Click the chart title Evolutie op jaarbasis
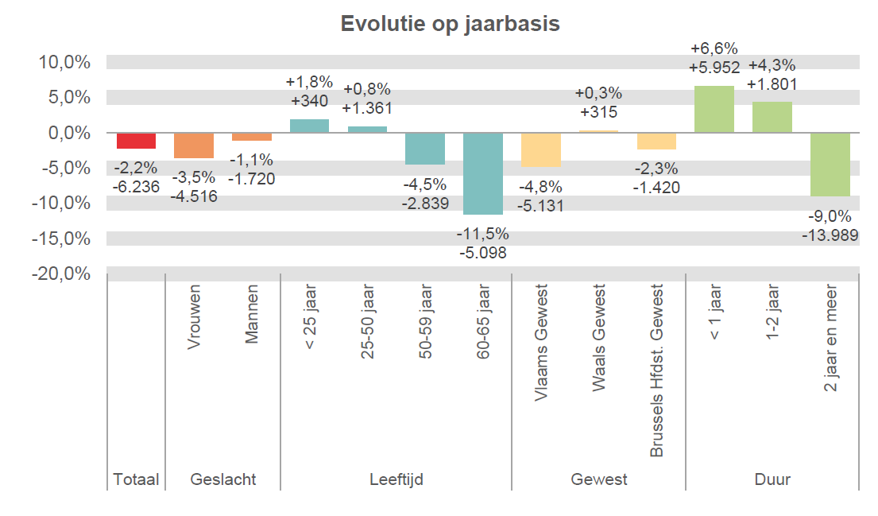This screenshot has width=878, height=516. [x=450, y=24]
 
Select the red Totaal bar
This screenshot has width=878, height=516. [x=136, y=141]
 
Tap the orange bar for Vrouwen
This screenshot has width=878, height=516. [x=194, y=145]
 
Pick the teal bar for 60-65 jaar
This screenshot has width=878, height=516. [x=483, y=173]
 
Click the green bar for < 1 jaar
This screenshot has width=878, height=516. [x=714, y=109]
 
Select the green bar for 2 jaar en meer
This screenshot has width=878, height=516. [x=830, y=165]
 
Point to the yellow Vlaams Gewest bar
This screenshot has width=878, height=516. [x=541, y=149]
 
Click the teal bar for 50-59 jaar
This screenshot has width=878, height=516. [x=425, y=149]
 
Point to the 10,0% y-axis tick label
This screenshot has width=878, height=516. [x=64, y=62]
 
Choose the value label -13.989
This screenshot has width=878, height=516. [x=830, y=235]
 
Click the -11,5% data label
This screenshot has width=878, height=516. [x=482, y=235]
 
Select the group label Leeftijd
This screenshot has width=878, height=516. [x=396, y=479]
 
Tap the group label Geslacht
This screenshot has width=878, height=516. [x=223, y=479]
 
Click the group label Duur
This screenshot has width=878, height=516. [x=772, y=479]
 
